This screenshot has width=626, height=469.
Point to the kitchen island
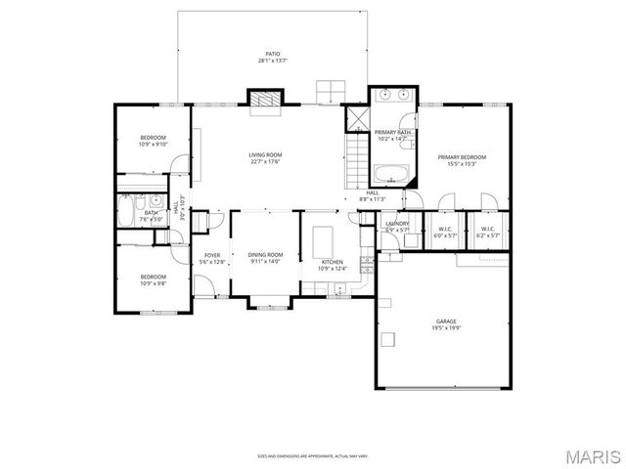click(x=322, y=239)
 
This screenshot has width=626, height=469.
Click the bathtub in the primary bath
click(x=392, y=176)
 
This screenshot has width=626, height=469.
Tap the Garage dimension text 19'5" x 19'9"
click(x=446, y=328)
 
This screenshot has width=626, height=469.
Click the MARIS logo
click(x=593, y=456)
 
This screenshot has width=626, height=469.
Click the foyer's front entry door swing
click(x=203, y=286)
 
